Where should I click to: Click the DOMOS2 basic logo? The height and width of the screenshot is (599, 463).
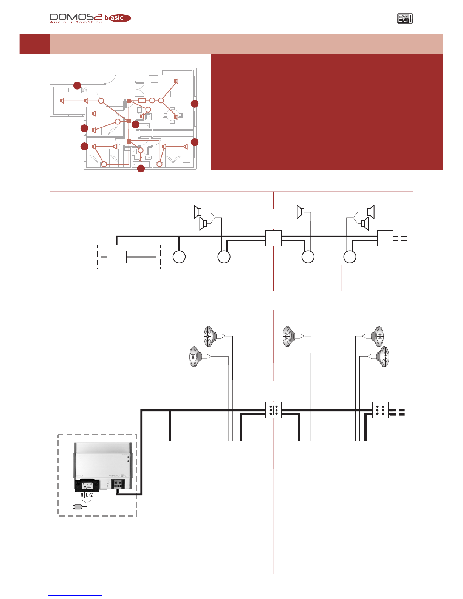90,18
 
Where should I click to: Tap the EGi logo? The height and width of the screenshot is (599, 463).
405,19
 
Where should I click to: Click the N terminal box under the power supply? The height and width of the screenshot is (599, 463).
82,495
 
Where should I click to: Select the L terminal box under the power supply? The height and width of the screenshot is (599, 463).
87,495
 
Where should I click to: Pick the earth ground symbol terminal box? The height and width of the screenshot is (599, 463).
91,495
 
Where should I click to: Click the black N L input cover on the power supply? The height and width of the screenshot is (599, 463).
87,485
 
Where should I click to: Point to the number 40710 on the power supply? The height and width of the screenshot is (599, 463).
127,476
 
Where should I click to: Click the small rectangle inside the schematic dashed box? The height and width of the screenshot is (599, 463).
117,257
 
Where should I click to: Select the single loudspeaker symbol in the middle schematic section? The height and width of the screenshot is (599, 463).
301,212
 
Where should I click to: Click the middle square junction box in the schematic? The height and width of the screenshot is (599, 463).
274,238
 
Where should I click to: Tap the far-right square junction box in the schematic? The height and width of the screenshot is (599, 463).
385,238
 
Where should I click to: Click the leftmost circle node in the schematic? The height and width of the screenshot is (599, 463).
179,257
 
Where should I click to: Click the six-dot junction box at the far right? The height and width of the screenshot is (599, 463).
380,410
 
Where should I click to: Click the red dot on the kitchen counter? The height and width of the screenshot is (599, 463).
77,85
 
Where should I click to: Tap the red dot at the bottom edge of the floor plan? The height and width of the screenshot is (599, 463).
141,169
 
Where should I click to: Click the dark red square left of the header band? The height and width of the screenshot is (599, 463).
35,44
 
